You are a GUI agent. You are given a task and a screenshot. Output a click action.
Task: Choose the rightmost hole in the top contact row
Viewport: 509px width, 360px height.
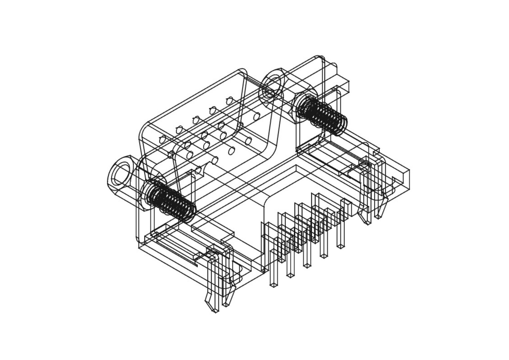pyautogui.click(x=229, y=100)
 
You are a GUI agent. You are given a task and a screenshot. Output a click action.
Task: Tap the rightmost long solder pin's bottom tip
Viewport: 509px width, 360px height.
pyautogui.click(x=340, y=246)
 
